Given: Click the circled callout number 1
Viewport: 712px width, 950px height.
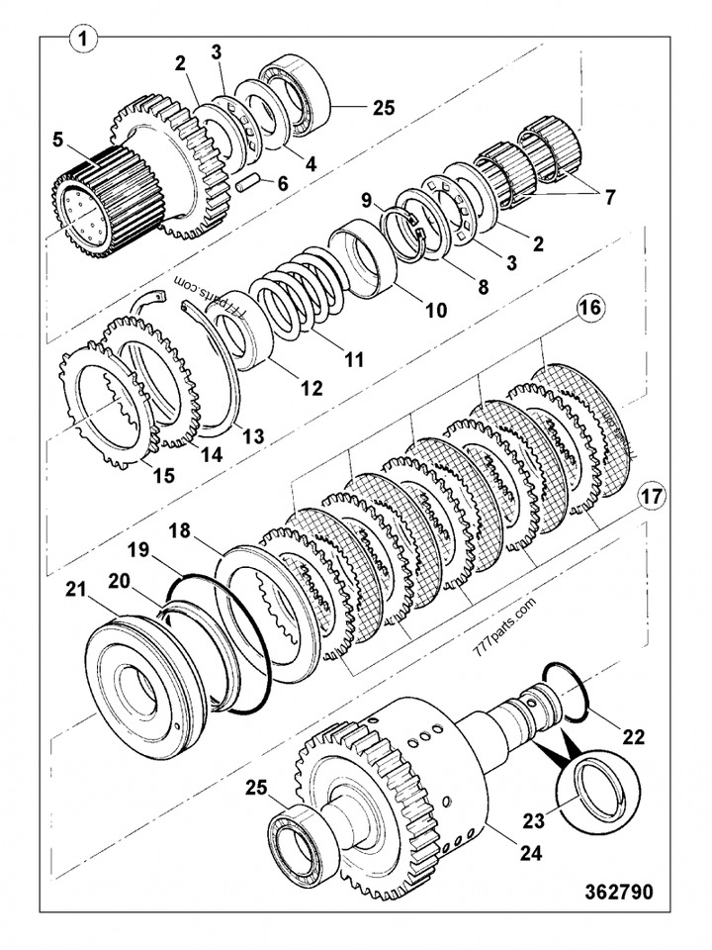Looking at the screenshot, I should (x=84, y=41).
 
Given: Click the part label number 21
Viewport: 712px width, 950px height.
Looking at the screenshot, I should (x=76, y=591).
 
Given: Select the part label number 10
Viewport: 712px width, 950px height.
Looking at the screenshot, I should (x=436, y=310).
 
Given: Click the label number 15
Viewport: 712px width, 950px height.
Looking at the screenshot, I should (x=162, y=475).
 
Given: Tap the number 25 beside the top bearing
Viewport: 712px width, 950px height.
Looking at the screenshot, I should (x=380, y=107).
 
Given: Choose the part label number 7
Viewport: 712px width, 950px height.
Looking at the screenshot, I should (x=609, y=197).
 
